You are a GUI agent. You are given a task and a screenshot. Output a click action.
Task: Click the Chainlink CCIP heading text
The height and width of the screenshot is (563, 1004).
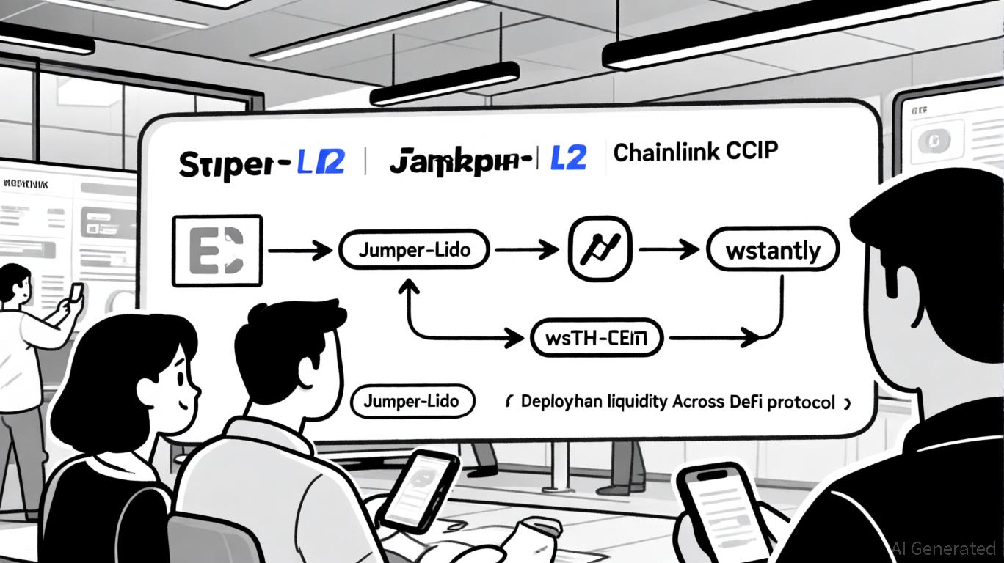695,152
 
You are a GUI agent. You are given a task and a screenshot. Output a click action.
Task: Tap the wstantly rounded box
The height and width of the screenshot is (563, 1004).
772,250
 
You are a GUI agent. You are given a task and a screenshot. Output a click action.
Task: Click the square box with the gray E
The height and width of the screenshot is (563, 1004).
217,250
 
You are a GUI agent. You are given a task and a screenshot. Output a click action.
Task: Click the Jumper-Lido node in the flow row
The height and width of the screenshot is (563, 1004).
415,250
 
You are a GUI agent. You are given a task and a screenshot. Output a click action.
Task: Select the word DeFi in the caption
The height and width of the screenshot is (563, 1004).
747,402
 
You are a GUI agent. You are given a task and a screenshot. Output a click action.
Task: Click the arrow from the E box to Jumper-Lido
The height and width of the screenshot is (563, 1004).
300,251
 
